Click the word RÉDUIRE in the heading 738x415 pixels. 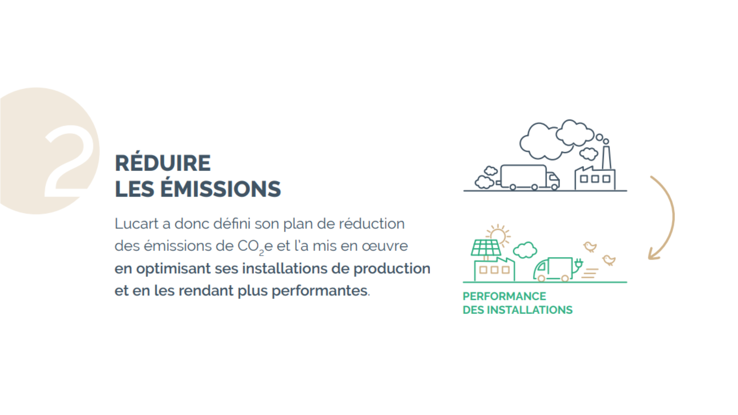tap(163, 163)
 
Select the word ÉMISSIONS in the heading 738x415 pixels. tap(220, 189)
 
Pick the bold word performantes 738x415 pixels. tap(319, 291)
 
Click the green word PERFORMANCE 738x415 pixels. tap(504, 296)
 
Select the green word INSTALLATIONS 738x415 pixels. tap(530, 310)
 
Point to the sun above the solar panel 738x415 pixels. tap(498, 235)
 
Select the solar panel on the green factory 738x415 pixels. tap(486, 248)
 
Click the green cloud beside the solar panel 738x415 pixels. tap(525, 250)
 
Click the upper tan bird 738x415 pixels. tap(590, 246)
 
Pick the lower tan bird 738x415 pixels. tap(609, 260)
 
